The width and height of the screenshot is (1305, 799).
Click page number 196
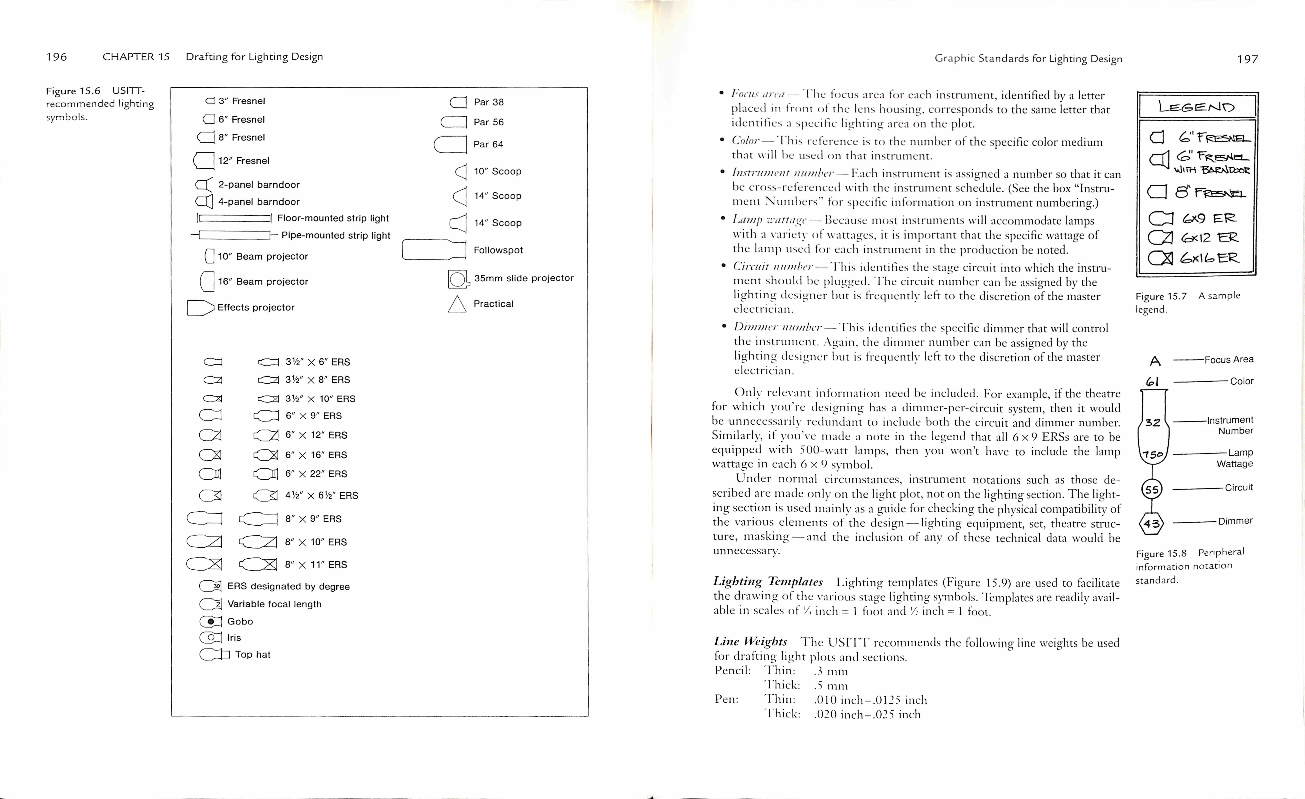pos(56,57)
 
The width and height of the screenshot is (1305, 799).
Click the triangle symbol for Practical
pos(457,304)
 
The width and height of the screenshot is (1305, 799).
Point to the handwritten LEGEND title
pos(1196,107)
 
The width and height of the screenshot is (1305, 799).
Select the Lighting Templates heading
pos(768,582)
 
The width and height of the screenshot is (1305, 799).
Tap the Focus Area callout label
pos(1229,360)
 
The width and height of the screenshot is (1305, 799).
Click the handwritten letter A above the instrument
pos(1155,361)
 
